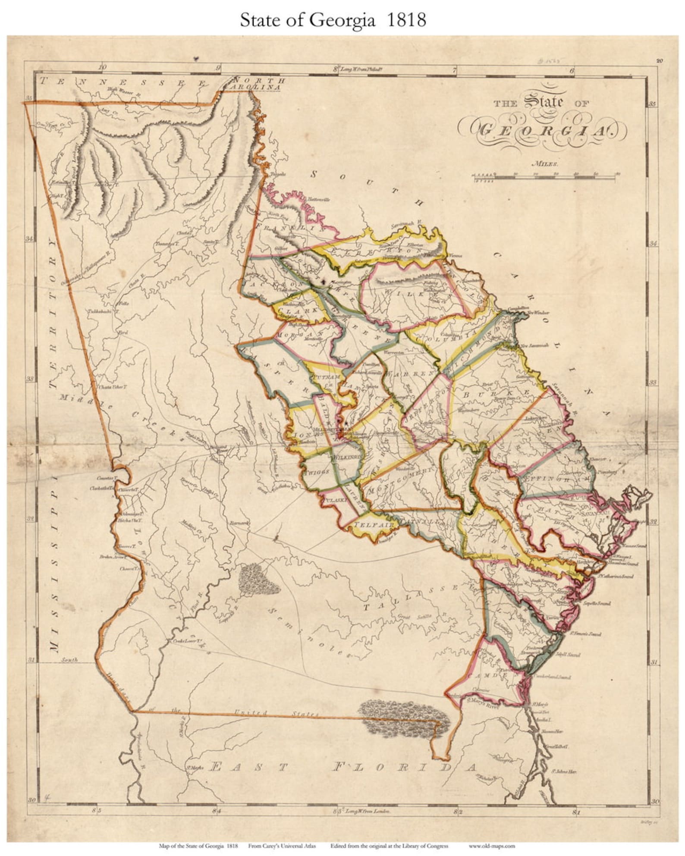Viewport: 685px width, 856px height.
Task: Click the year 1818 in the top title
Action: point(406,20)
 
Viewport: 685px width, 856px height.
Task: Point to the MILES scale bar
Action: point(545,175)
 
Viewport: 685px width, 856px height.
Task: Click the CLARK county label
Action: point(298,310)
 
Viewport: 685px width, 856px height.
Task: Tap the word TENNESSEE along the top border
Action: point(129,82)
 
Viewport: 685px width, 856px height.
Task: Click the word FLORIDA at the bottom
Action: point(404,768)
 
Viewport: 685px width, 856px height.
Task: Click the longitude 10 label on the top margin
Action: point(102,67)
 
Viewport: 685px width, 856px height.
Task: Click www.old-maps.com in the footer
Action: point(492,846)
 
